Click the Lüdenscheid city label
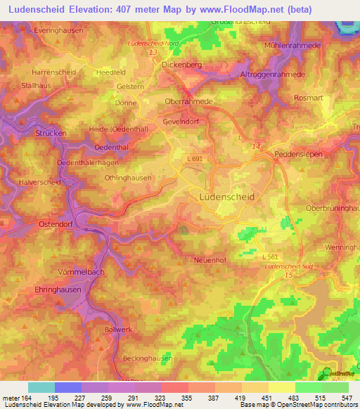coord(226,197)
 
